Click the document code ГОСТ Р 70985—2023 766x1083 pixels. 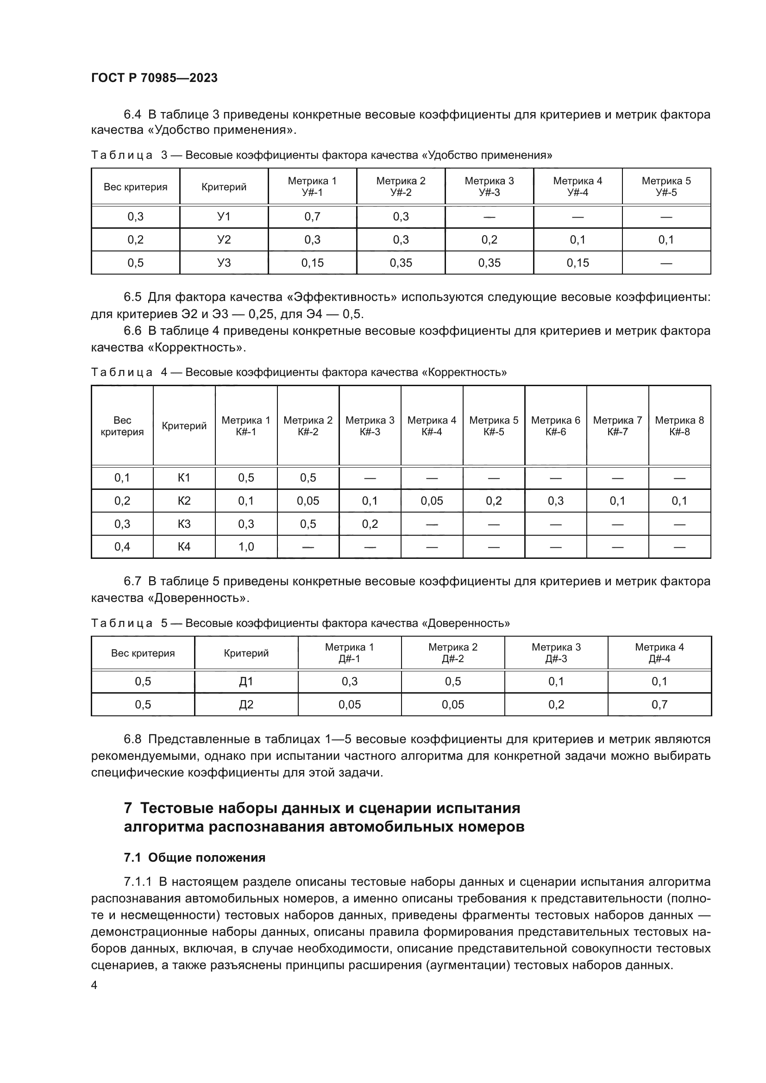click(154, 78)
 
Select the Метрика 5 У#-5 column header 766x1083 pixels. click(666, 186)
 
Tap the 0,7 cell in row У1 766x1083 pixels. click(312, 217)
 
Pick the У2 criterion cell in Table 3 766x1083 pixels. click(224, 240)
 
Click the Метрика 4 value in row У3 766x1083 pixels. click(578, 263)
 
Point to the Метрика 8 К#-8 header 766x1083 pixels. click(679, 426)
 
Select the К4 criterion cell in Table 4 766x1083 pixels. click(184, 547)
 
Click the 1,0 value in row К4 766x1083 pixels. click(246, 547)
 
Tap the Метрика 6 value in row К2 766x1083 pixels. click(556, 501)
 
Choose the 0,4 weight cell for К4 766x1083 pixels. click(122, 547)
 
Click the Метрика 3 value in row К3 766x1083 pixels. click(370, 524)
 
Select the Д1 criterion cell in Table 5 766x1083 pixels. click(246, 682)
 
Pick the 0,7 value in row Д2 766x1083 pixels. click(659, 705)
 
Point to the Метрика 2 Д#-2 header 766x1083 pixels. click(453, 653)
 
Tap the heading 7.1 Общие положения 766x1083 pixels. click(195, 858)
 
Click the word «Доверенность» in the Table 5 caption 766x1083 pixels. click(465, 623)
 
